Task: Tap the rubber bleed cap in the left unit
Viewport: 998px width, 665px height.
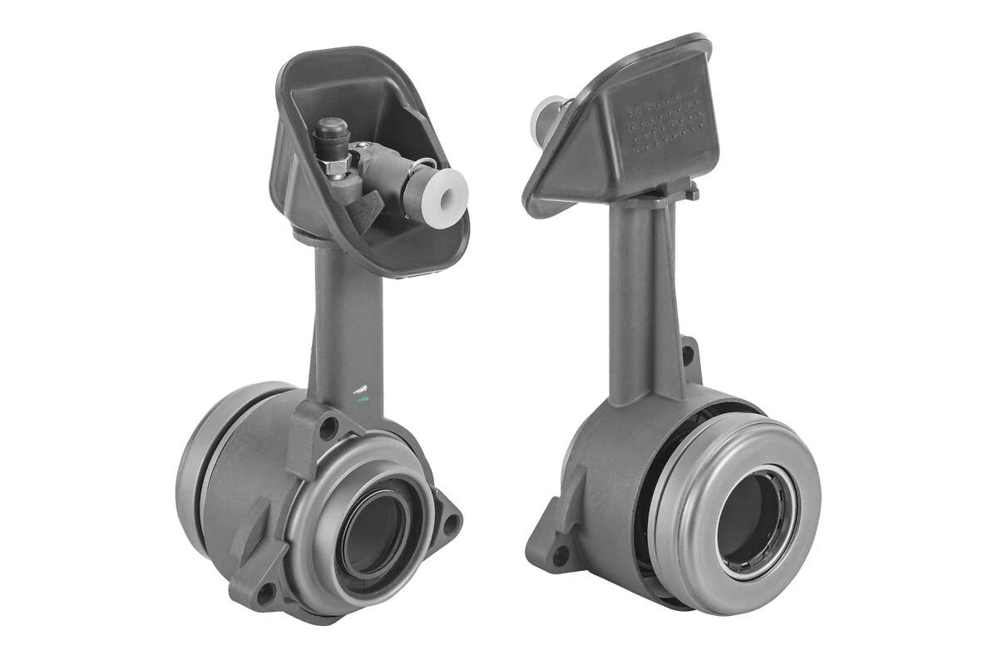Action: [x=332, y=131]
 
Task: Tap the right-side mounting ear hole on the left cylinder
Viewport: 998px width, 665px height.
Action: [x=450, y=524]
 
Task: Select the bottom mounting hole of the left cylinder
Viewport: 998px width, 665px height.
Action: [x=265, y=593]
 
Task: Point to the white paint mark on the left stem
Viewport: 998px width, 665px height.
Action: [x=360, y=389]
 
